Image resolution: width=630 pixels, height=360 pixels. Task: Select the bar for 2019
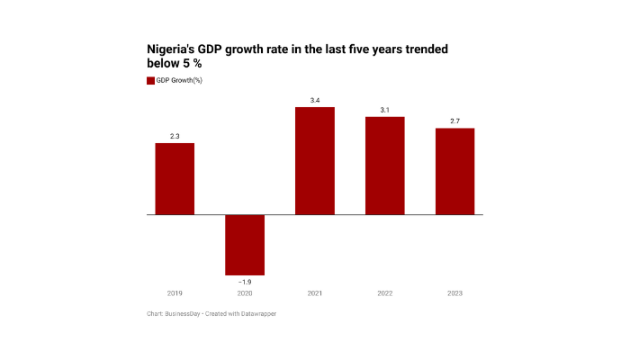(x=175, y=179)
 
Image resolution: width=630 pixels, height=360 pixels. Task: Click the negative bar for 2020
(x=245, y=245)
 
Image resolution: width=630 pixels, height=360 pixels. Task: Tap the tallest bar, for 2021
(x=315, y=161)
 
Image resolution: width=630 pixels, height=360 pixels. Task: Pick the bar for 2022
(x=384, y=166)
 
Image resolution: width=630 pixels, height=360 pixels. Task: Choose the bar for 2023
(x=454, y=171)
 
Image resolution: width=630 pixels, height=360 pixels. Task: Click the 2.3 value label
(x=175, y=136)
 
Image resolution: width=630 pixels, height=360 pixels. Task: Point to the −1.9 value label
(x=245, y=282)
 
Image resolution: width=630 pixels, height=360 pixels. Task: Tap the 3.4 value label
(x=315, y=100)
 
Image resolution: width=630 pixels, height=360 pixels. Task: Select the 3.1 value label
(x=384, y=110)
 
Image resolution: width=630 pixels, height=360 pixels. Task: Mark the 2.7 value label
(x=454, y=121)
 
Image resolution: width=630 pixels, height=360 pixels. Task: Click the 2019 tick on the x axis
(x=175, y=293)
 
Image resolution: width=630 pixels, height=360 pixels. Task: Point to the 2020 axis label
(x=245, y=293)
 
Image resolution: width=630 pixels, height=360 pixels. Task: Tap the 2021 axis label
(x=315, y=293)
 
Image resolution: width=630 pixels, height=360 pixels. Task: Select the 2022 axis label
(x=384, y=293)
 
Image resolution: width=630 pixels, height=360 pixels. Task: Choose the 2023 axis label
(x=454, y=293)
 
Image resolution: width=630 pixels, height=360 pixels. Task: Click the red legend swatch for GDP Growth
(x=150, y=81)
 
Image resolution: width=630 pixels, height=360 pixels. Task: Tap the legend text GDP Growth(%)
(x=179, y=81)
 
